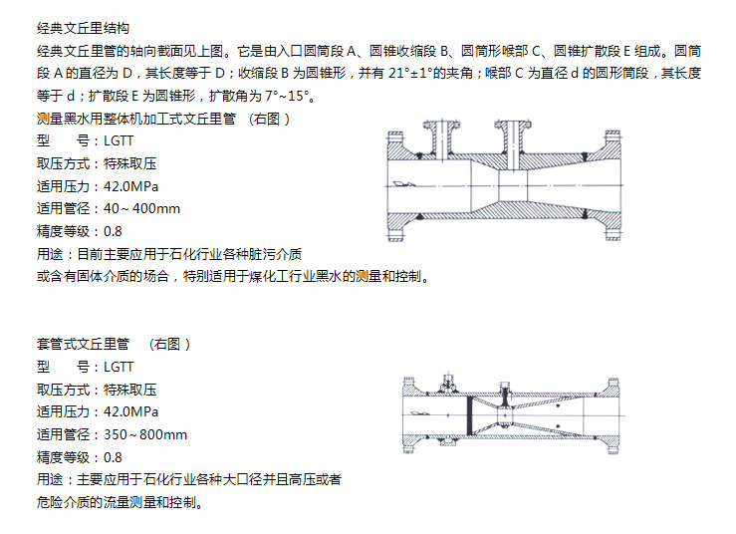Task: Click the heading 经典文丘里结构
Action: pyautogui.click(x=83, y=28)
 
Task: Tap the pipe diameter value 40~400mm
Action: pyautogui.click(x=141, y=208)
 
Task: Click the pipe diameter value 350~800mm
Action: pyautogui.click(x=145, y=435)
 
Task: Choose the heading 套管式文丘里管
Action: pyautogui.click(x=83, y=345)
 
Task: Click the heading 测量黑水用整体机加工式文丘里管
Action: pyautogui.click(x=136, y=119)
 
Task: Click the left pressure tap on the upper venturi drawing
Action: pyautogui.click(x=441, y=139)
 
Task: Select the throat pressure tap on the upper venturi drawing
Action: pyautogui.click(x=513, y=144)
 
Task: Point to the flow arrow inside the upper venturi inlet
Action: pyautogui.click(x=404, y=184)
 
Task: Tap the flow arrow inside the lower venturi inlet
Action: pyautogui.click(x=420, y=413)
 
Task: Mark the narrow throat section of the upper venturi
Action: pyautogui.click(x=513, y=186)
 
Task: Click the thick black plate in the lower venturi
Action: pyautogui.click(x=469, y=415)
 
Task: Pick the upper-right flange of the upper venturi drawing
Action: pyautogui.click(x=613, y=145)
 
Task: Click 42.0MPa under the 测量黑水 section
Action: pyautogui.click(x=130, y=186)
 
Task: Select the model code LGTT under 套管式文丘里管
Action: pyautogui.click(x=119, y=367)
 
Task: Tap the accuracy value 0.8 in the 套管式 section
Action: pyautogui.click(x=113, y=457)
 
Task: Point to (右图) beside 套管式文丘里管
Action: pyautogui.click(x=170, y=345)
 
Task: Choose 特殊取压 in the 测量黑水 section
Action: pyautogui.click(x=130, y=164)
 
